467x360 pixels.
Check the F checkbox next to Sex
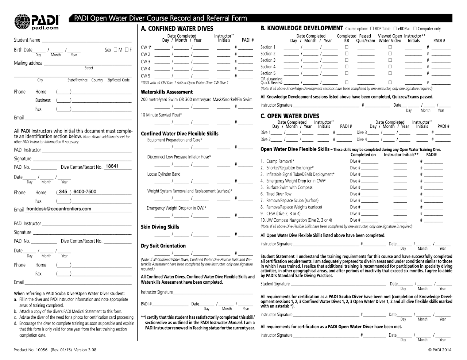(126, 50)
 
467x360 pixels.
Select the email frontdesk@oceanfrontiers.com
(58, 209)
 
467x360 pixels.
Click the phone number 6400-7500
(85, 192)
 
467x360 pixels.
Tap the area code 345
(63, 192)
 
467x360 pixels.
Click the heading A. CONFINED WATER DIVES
(177, 28)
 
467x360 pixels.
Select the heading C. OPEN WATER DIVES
(290, 116)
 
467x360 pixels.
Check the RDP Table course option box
(372, 28)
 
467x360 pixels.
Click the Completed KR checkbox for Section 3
(347, 60)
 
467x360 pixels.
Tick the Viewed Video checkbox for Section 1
(390, 47)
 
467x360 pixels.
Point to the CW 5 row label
(146, 76)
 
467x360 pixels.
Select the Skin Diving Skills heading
(160, 227)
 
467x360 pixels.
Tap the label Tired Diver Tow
(279, 194)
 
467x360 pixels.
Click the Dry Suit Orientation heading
(163, 246)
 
